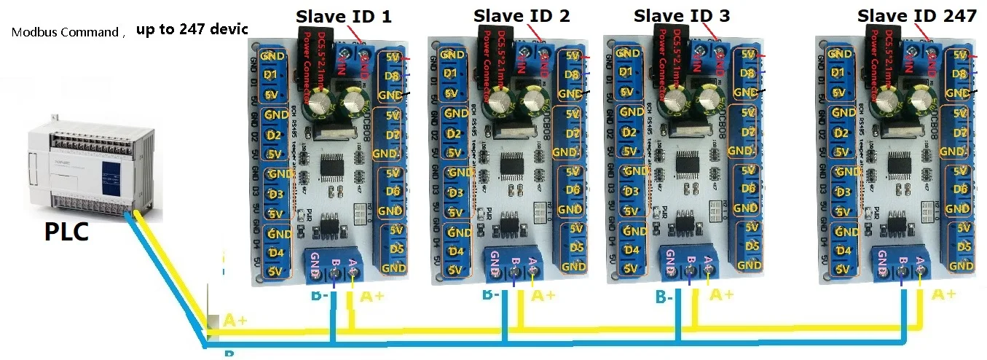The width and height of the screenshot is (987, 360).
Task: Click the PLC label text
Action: click(x=67, y=231)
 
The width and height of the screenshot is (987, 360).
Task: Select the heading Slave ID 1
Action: click(x=343, y=16)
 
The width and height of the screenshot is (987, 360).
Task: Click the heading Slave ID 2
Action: click(x=522, y=15)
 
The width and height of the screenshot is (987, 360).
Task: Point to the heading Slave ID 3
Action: click(x=682, y=15)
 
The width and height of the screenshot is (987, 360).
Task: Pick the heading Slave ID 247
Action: click(x=916, y=15)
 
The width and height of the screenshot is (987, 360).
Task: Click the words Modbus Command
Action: click(x=64, y=32)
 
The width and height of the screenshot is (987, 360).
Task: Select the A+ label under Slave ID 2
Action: click(x=543, y=295)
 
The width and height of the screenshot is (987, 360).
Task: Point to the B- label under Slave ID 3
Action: click(x=664, y=297)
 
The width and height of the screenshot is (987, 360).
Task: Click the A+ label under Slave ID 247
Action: click(x=944, y=294)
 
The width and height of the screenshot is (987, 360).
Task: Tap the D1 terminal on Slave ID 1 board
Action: click(x=271, y=74)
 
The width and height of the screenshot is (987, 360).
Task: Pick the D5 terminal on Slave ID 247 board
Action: click(x=964, y=248)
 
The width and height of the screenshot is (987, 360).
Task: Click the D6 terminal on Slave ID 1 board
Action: click(x=393, y=192)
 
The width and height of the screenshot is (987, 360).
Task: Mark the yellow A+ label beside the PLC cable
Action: click(x=235, y=320)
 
